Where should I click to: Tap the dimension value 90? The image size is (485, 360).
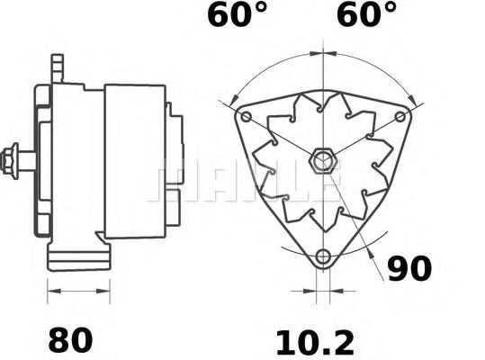409,268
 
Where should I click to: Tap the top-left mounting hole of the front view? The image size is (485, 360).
247,116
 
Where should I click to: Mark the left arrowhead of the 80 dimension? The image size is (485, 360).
50,292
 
